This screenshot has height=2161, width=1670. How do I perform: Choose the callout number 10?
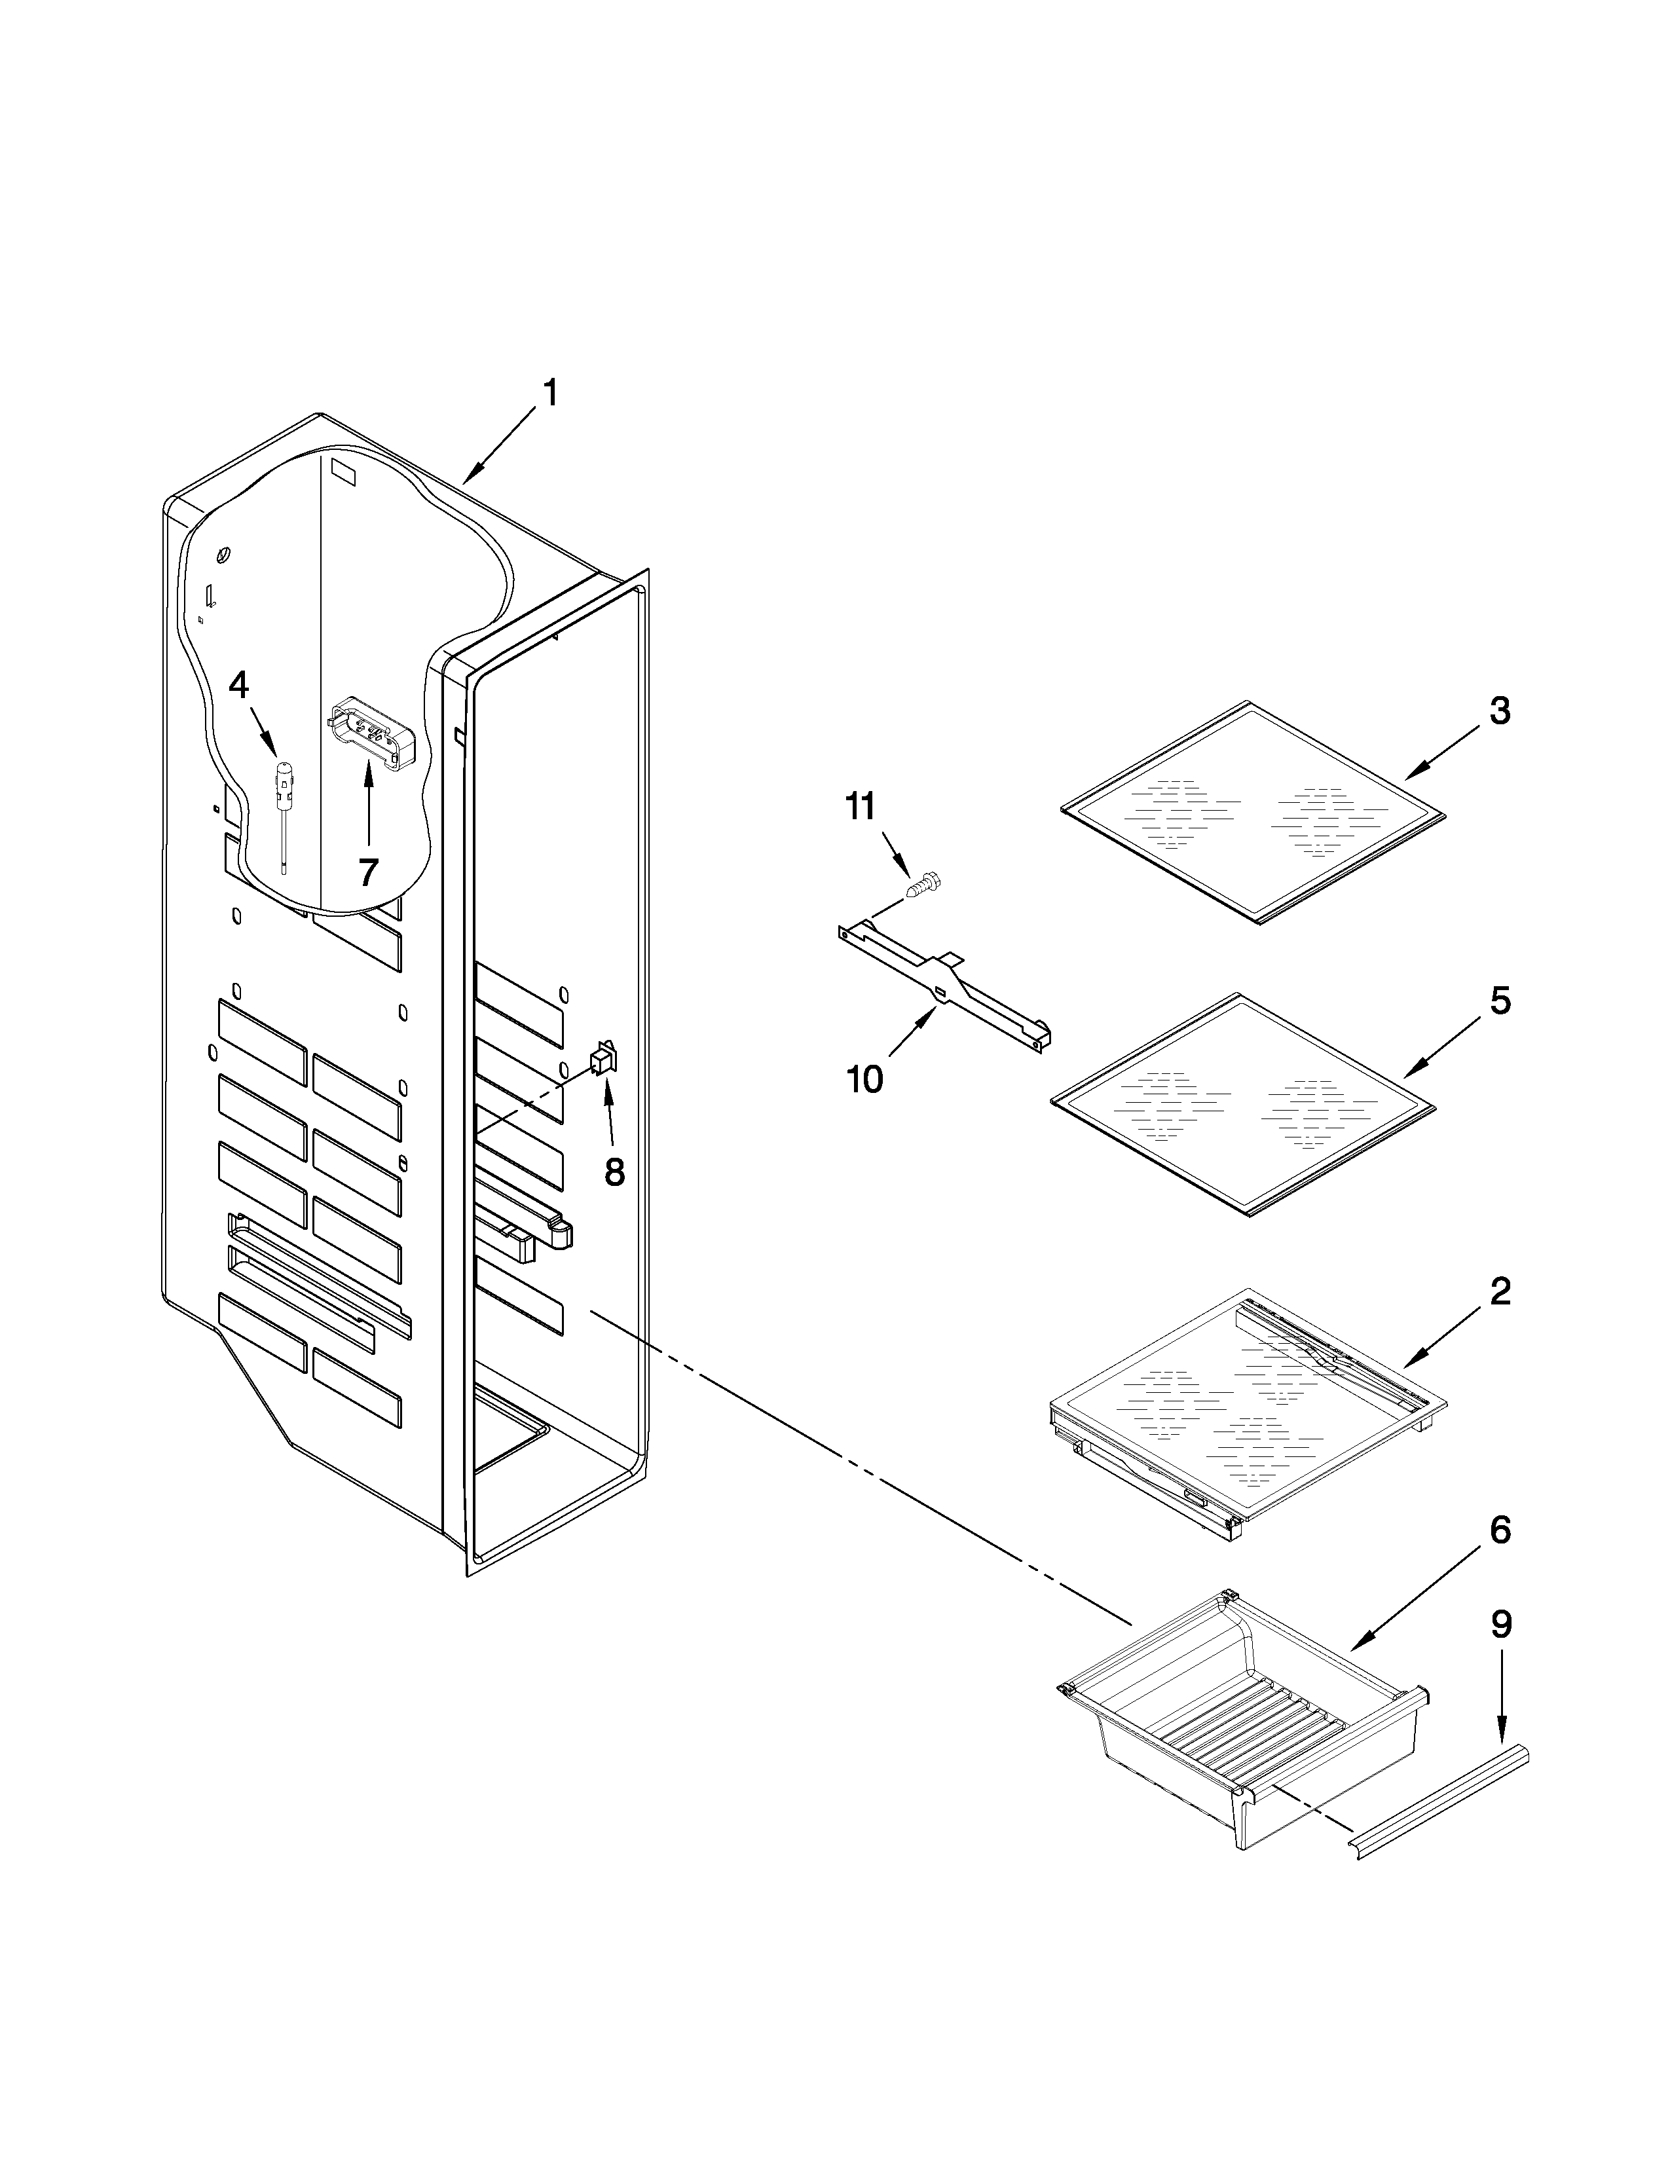point(864,1079)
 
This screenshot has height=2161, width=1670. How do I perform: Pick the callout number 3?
point(1500,711)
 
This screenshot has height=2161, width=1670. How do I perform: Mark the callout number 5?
point(1500,1001)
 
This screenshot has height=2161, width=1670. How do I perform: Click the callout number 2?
point(1500,1291)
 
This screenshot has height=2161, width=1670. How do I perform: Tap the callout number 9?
point(1502,1624)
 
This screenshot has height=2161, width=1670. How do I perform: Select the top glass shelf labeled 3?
point(1252,813)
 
